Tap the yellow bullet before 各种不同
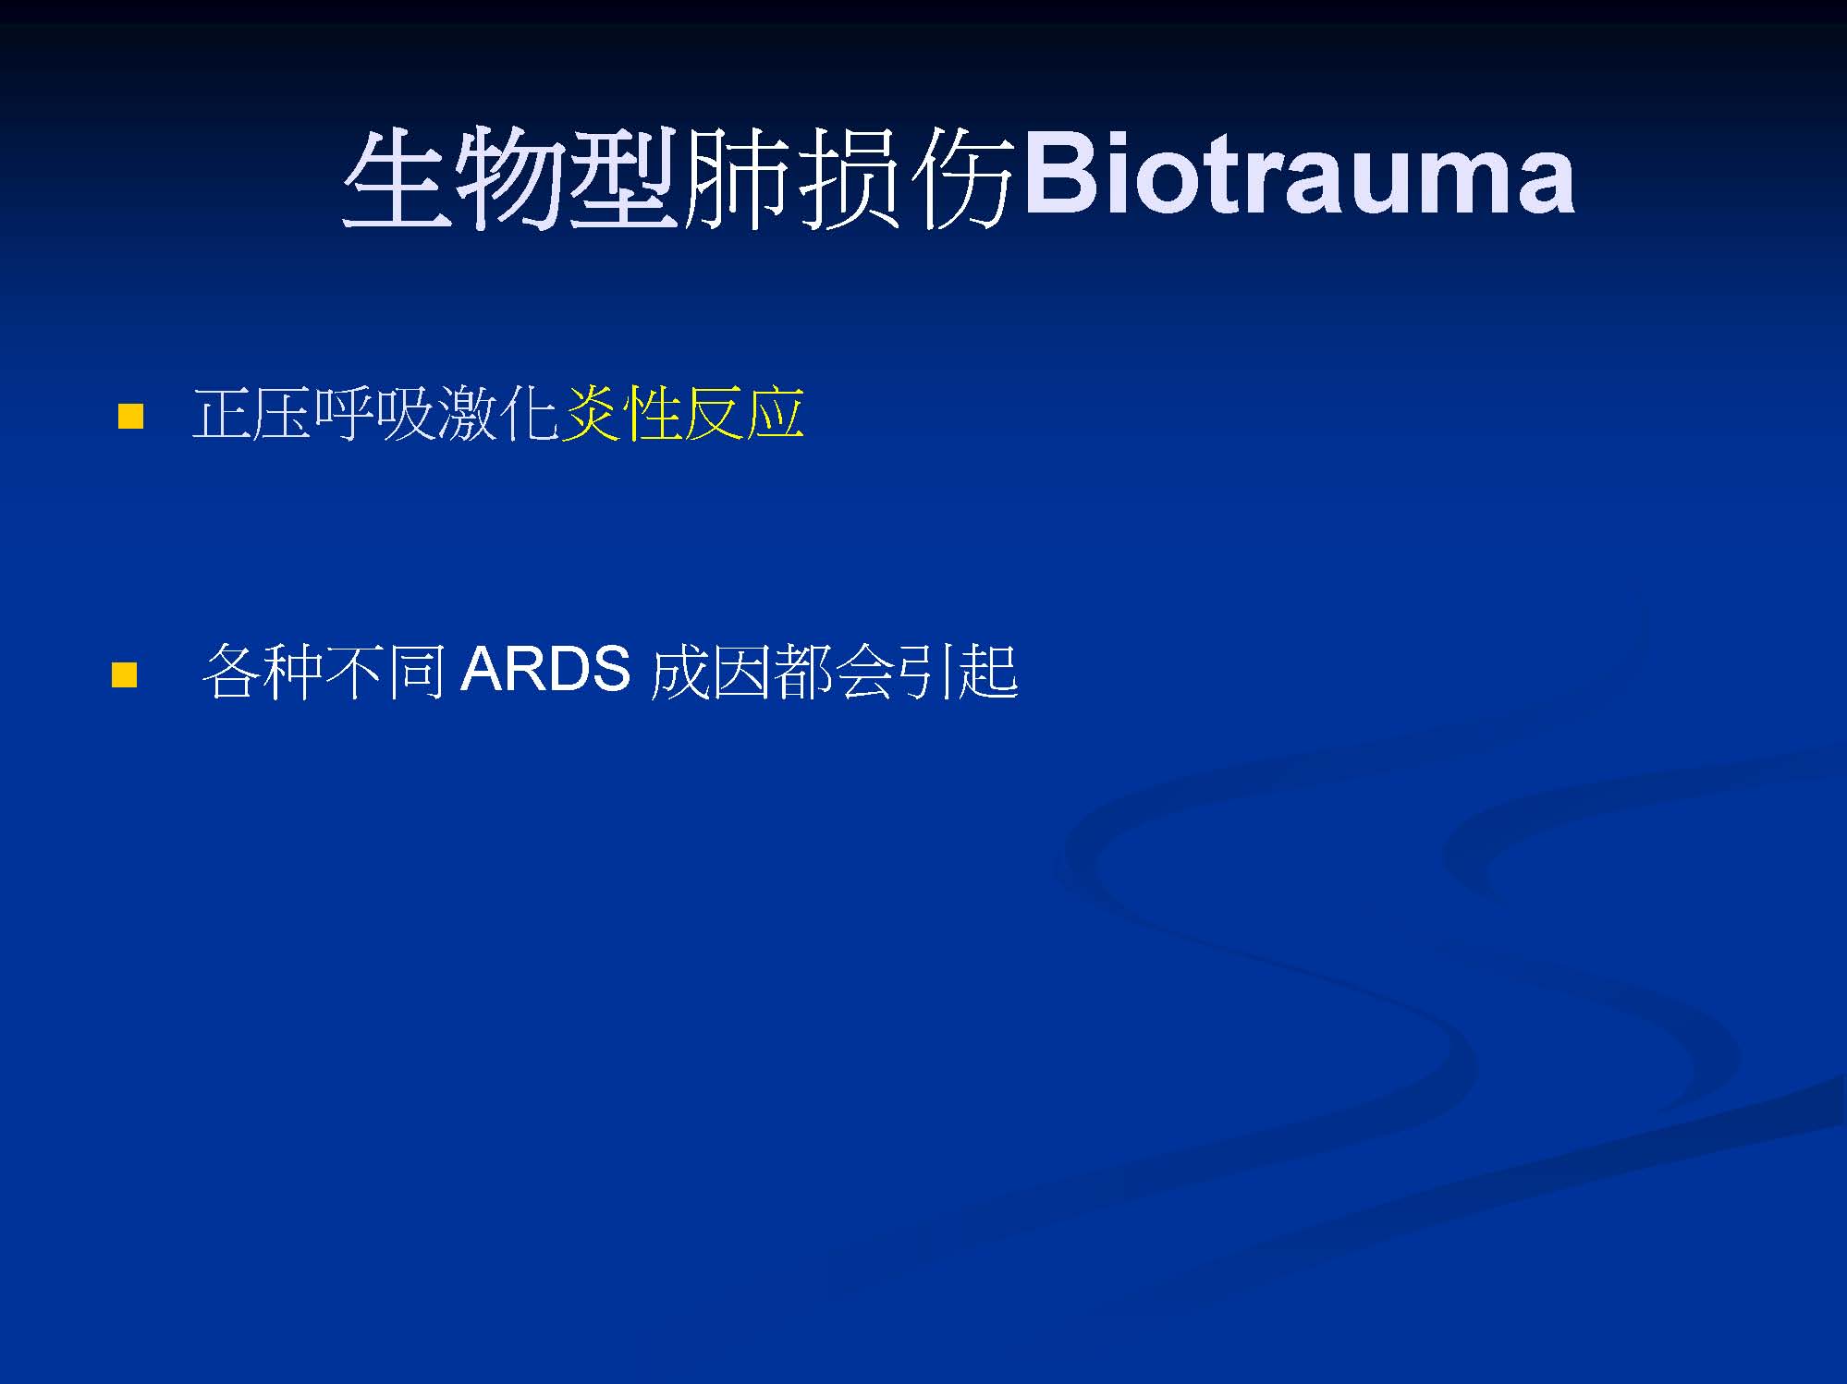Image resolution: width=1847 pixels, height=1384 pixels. point(124,674)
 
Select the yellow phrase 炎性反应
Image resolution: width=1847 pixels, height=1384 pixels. point(683,412)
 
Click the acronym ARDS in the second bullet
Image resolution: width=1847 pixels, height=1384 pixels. point(545,669)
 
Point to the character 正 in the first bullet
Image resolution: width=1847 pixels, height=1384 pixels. point(222,413)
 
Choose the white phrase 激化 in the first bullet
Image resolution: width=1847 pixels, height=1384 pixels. point(497,412)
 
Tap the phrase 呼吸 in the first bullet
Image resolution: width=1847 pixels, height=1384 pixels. point(374,412)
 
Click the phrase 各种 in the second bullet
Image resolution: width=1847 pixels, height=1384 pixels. point(262,671)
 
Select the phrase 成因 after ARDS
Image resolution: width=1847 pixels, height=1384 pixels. point(710,671)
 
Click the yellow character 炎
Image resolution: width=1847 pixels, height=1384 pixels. point(592,412)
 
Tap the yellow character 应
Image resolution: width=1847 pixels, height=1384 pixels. point(775,412)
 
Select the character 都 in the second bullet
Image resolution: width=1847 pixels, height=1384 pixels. point(802,671)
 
